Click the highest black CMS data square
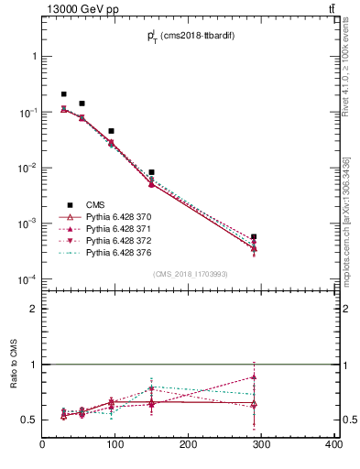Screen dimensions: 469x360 click(63, 94)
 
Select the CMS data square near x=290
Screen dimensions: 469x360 click(254, 237)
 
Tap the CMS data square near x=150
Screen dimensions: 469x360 click(151, 172)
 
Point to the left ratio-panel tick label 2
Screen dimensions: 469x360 click(34, 309)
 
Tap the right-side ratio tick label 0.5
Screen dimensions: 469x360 click(347, 420)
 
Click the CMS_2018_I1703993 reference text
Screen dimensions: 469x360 click(189, 274)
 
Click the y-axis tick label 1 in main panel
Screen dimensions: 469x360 click(35, 56)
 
